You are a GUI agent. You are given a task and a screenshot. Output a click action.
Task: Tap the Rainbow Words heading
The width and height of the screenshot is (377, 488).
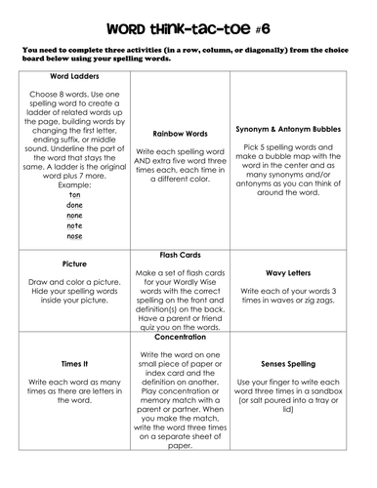pos(187,133)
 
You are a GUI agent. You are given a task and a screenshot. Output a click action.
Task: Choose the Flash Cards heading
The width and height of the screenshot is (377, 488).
pos(187,258)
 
